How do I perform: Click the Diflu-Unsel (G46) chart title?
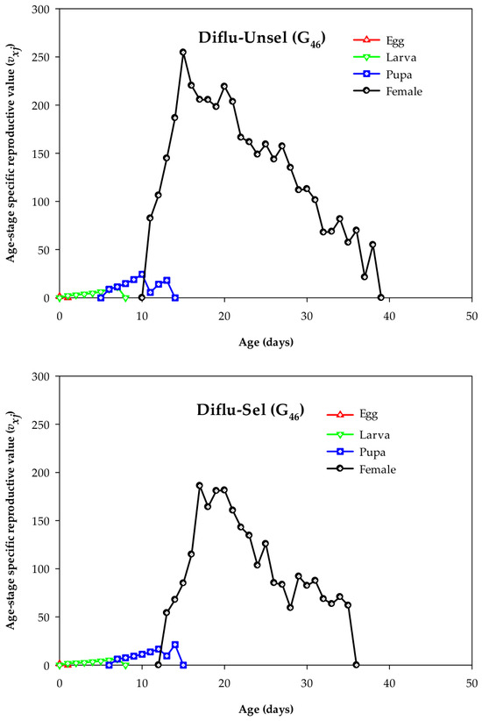click(262, 39)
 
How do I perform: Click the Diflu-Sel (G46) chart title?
click(251, 410)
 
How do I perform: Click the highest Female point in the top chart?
click(183, 53)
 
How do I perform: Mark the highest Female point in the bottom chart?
click(200, 485)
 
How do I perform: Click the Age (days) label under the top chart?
click(266, 342)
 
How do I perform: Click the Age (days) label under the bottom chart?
click(266, 710)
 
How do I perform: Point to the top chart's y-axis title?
click(11, 153)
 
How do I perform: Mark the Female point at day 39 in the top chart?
click(381, 297)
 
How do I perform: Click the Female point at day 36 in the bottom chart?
click(356, 665)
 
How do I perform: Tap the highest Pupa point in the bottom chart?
click(174, 645)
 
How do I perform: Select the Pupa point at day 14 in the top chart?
click(174, 297)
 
